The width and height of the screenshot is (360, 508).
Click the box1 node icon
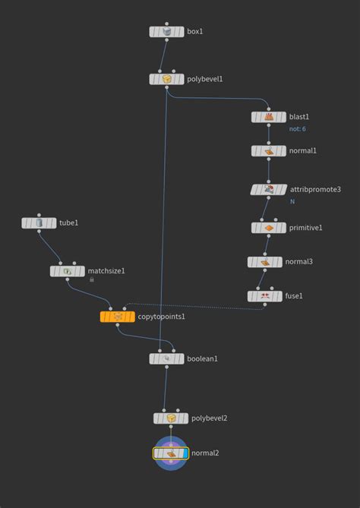pyautogui.click(x=166, y=32)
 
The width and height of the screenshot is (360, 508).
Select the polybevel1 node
pyautogui.click(x=166, y=79)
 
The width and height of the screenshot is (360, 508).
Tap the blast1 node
pyautogui.click(x=268, y=117)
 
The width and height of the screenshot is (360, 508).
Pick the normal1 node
pyautogui.click(x=268, y=151)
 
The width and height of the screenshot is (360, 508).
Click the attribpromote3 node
pyautogui.click(x=268, y=189)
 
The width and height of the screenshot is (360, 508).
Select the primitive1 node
pyautogui.click(x=268, y=227)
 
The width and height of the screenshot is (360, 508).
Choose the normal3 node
pyautogui.click(x=264, y=262)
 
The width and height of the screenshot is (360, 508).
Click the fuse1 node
pyautogui.click(x=264, y=296)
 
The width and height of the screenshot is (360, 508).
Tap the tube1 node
pyautogui.click(x=39, y=223)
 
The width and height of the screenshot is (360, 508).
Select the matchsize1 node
pyautogui.click(x=67, y=271)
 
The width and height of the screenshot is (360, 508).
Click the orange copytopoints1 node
pyautogui.click(x=117, y=316)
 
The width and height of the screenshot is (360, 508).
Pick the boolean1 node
pyautogui.click(x=166, y=358)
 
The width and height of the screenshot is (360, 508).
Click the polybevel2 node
pyautogui.click(x=170, y=418)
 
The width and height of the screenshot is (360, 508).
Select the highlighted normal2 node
pyautogui.click(x=171, y=453)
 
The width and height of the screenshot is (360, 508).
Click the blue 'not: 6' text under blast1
pyautogui.click(x=298, y=129)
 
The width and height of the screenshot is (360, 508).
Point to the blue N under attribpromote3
pyautogui.click(x=292, y=201)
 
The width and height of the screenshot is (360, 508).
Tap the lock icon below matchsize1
pyautogui.click(x=92, y=279)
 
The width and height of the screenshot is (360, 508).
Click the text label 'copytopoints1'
pyautogui.click(x=161, y=316)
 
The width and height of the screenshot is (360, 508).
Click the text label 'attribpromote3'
pyautogui.click(x=315, y=189)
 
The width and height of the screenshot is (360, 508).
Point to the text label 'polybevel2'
pyautogui.click(x=210, y=418)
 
